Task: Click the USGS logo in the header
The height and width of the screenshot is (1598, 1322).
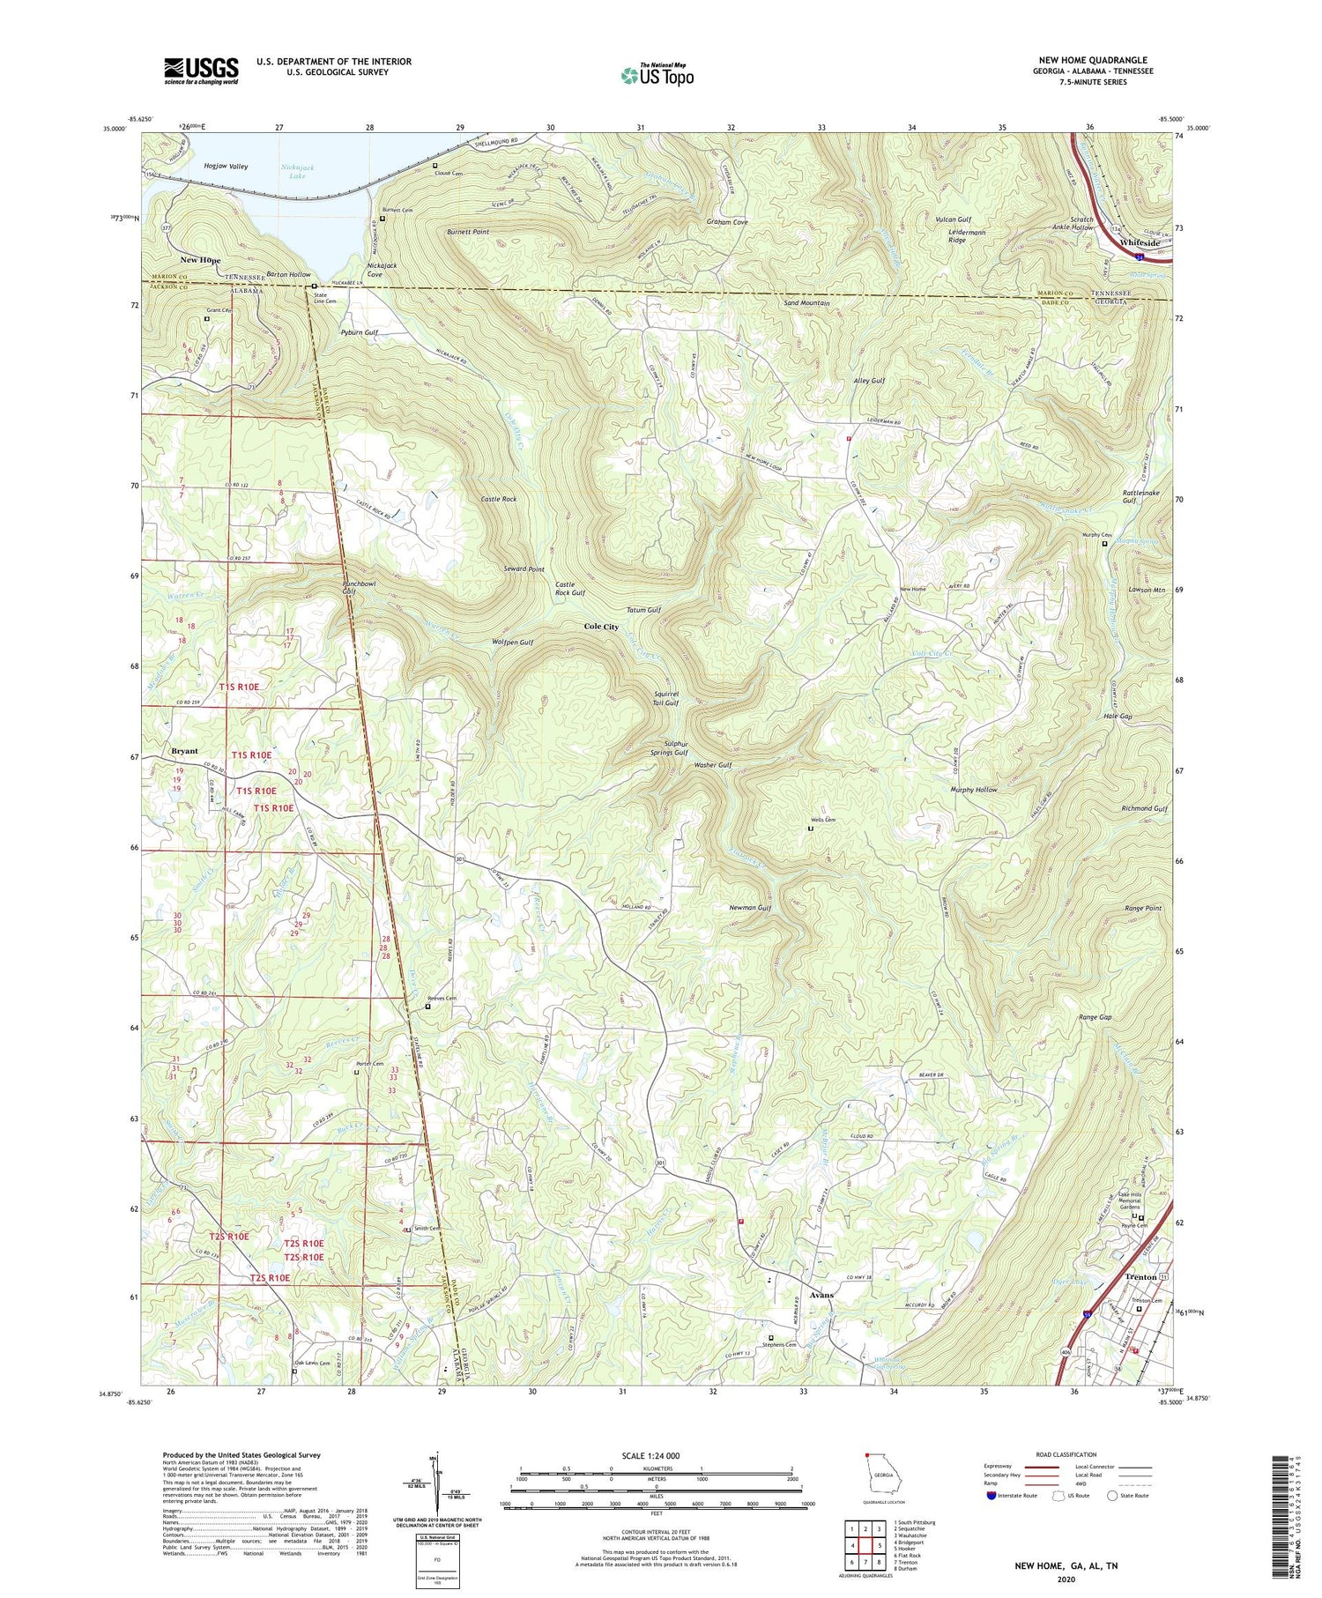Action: [201, 71]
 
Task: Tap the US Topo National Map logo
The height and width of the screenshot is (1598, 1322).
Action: [657, 75]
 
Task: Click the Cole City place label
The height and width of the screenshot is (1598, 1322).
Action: [601, 627]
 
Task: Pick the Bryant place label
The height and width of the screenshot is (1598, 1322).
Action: [185, 751]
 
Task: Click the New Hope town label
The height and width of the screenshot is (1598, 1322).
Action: [200, 261]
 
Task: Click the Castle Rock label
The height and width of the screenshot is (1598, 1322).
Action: [499, 500]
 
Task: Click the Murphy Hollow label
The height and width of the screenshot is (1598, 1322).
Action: [974, 790]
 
